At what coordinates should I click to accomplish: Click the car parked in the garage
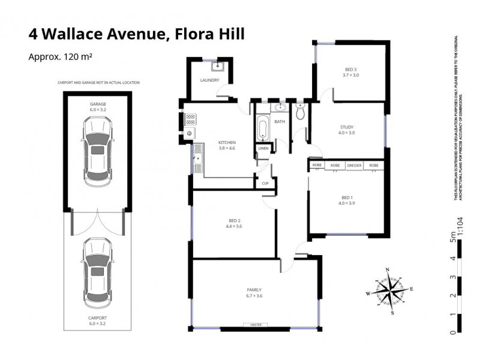point(98,150)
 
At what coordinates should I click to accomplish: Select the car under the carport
point(98,271)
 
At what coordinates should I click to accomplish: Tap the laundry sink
point(219,67)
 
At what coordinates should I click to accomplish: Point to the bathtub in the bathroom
point(263,128)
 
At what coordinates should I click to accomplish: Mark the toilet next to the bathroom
point(301,111)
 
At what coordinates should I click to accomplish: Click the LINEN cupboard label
point(263,148)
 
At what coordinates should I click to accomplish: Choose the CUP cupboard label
point(264,184)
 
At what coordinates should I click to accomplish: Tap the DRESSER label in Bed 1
point(354,165)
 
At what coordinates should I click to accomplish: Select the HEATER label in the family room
point(251,325)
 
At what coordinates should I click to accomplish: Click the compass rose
point(389,291)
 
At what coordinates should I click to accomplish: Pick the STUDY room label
point(347,127)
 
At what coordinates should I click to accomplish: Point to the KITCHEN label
point(227,142)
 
